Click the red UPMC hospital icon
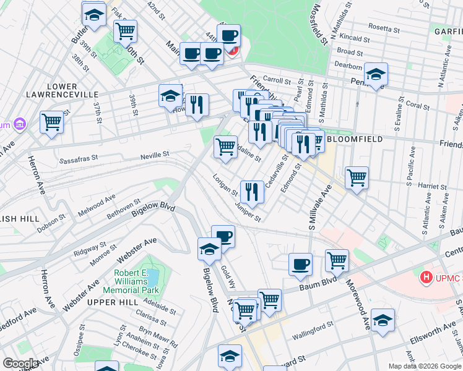pyautogui.click(x=425, y=278)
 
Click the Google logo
pyautogui.click(x=21, y=364)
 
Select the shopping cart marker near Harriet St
pyautogui.click(x=357, y=177)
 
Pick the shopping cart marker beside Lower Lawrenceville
pyautogui.click(x=52, y=122)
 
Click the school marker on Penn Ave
pyautogui.click(x=375, y=74)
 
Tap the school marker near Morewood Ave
pyautogui.click(x=383, y=320)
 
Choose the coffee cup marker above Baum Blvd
pyautogui.click(x=300, y=264)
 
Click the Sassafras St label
pyautogui.click(x=79, y=158)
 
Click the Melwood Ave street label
pyautogui.click(x=97, y=205)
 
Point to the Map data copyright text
pyautogui.click(x=425, y=366)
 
